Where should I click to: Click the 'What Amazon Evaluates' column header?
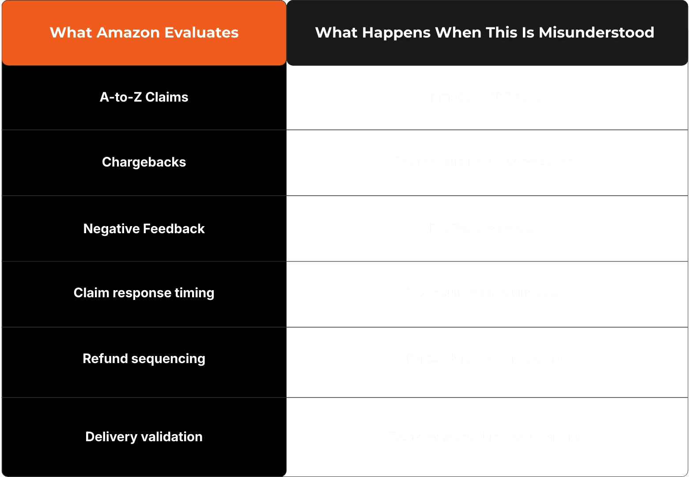(x=144, y=33)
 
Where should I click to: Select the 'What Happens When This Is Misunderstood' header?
(x=484, y=33)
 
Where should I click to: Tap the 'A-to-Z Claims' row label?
(x=144, y=97)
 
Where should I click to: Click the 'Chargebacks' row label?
(x=144, y=162)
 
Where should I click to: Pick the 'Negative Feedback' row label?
(x=144, y=229)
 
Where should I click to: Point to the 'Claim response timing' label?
(x=144, y=293)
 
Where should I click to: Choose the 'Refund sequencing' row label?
(x=144, y=359)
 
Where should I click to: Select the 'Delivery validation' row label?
(x=144, y=437)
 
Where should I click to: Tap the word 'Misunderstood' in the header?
(x=596, y=33)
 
